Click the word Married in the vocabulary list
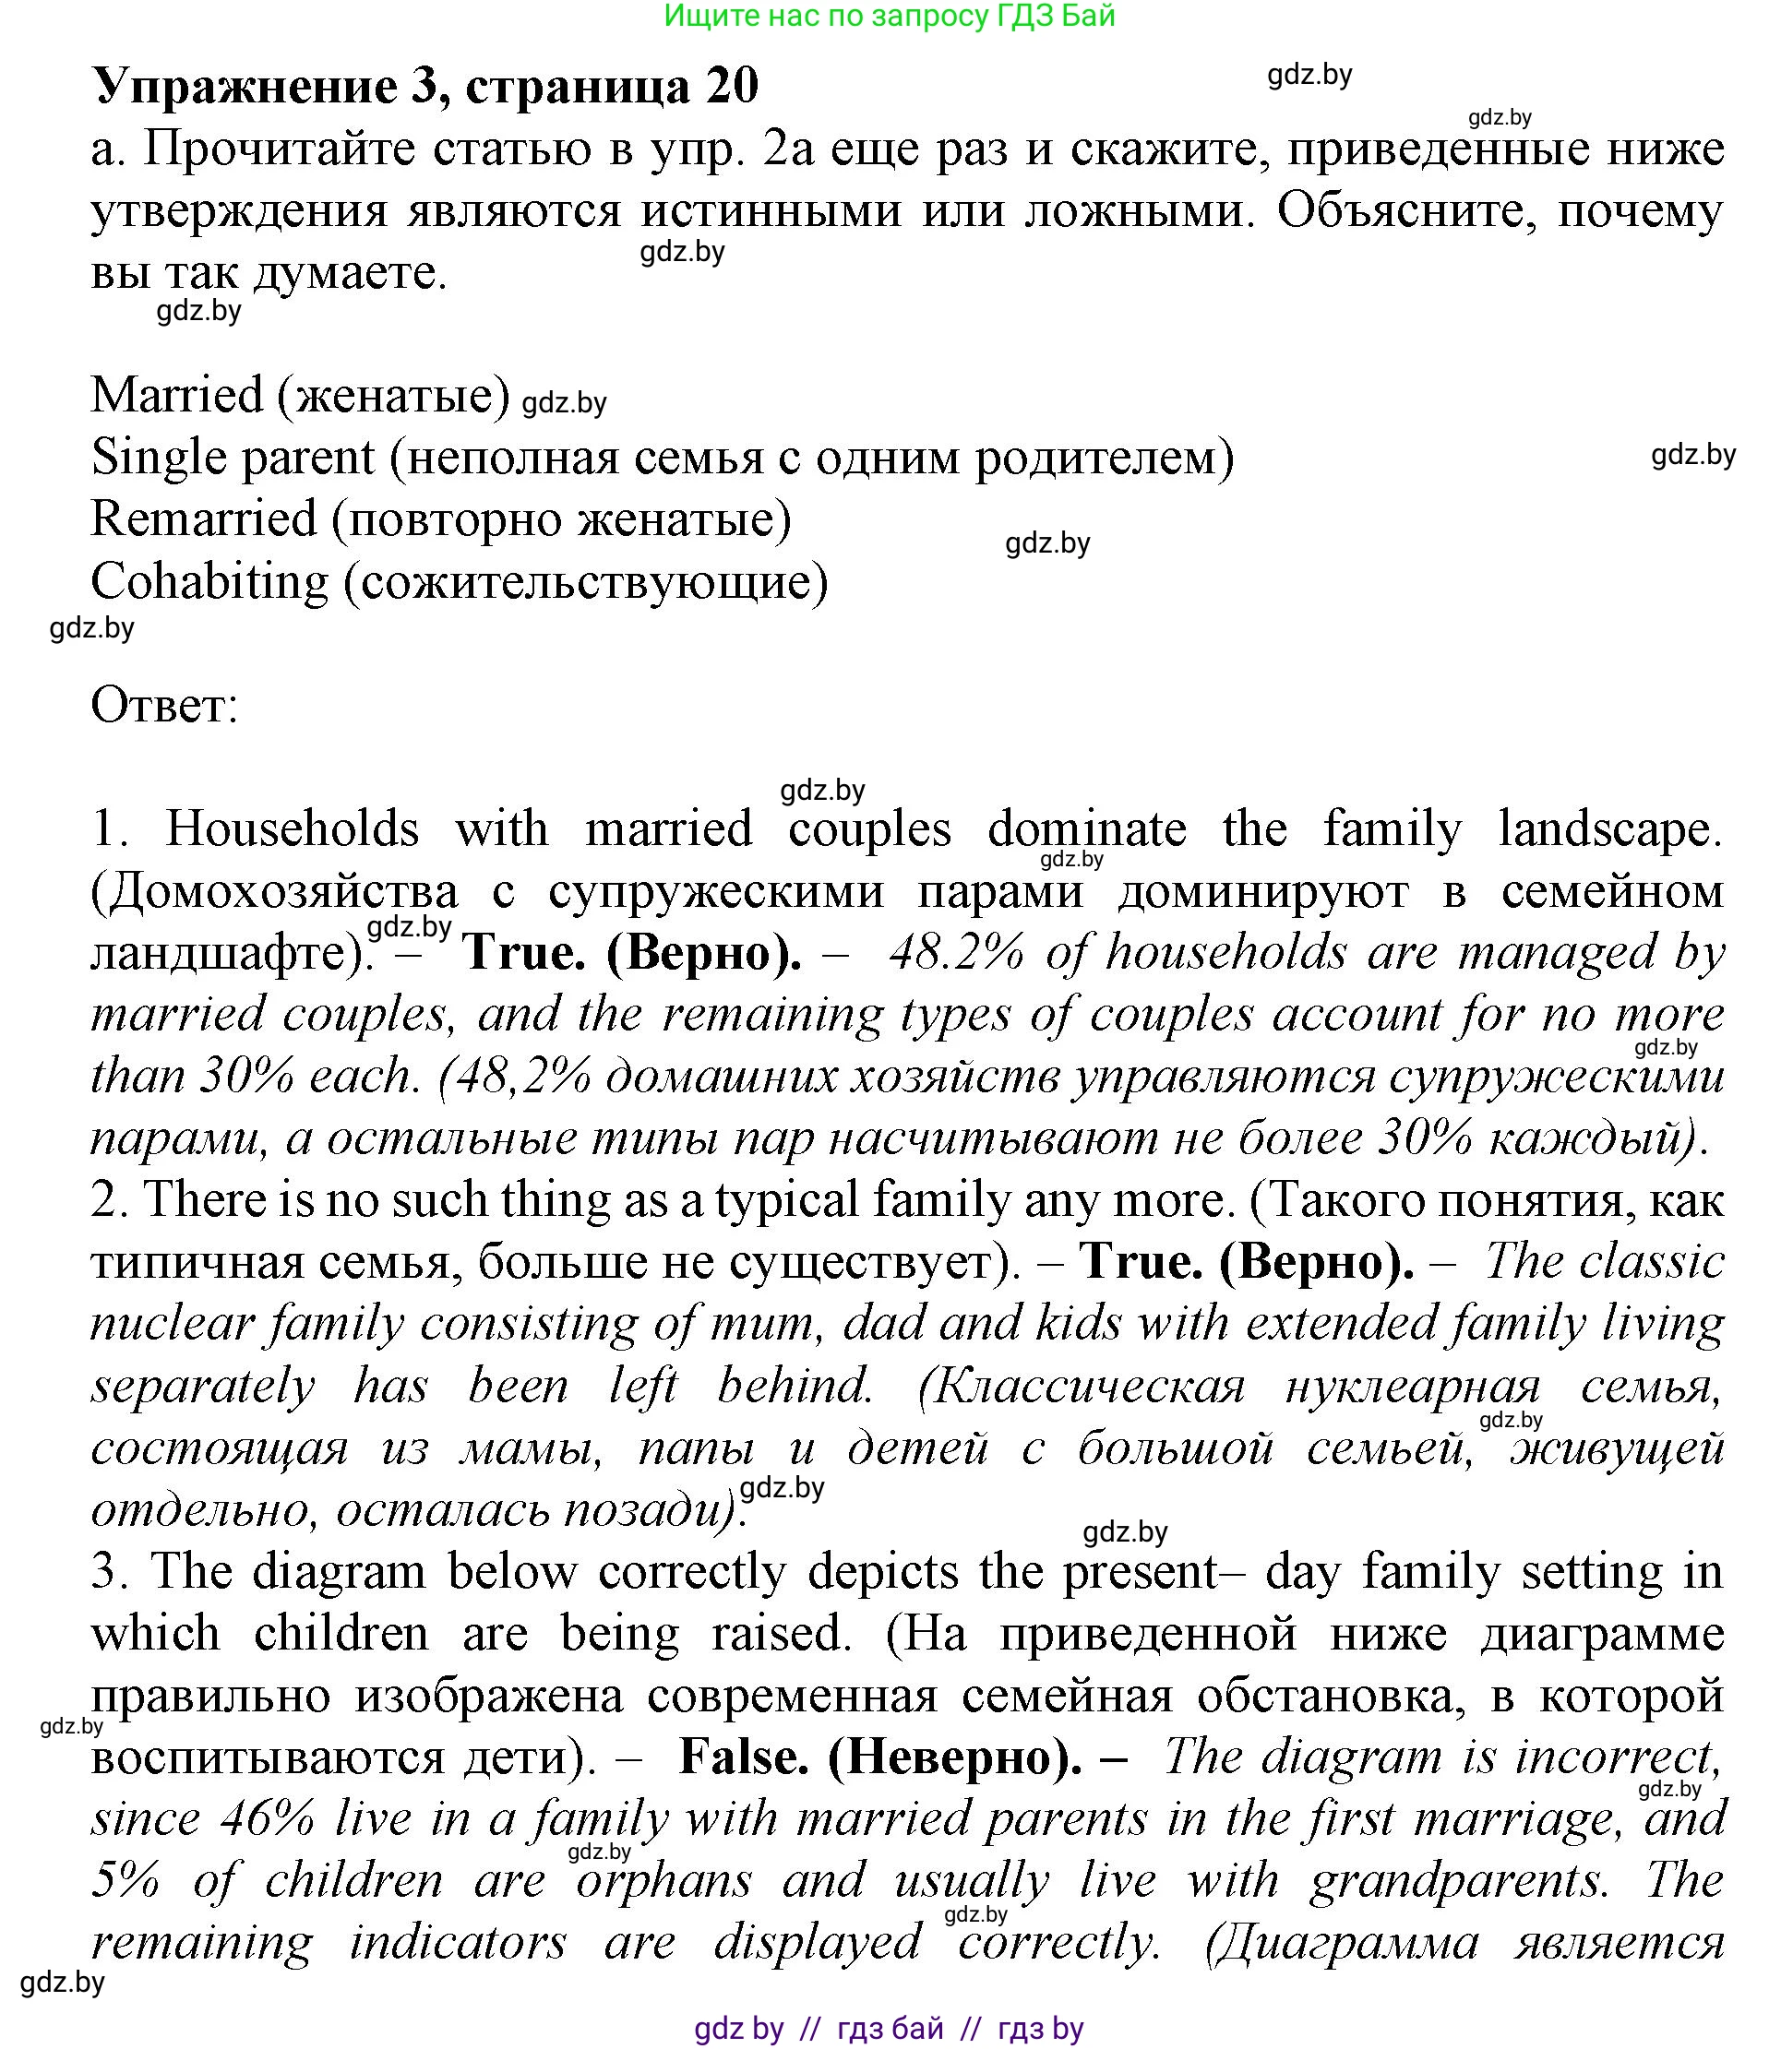click(177, 396)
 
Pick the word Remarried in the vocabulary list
click(204, 519)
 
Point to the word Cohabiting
click(209, 582)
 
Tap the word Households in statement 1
click(293, 828)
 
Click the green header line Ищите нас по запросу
click(890, 16)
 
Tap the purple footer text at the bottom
click(889, 2028)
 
